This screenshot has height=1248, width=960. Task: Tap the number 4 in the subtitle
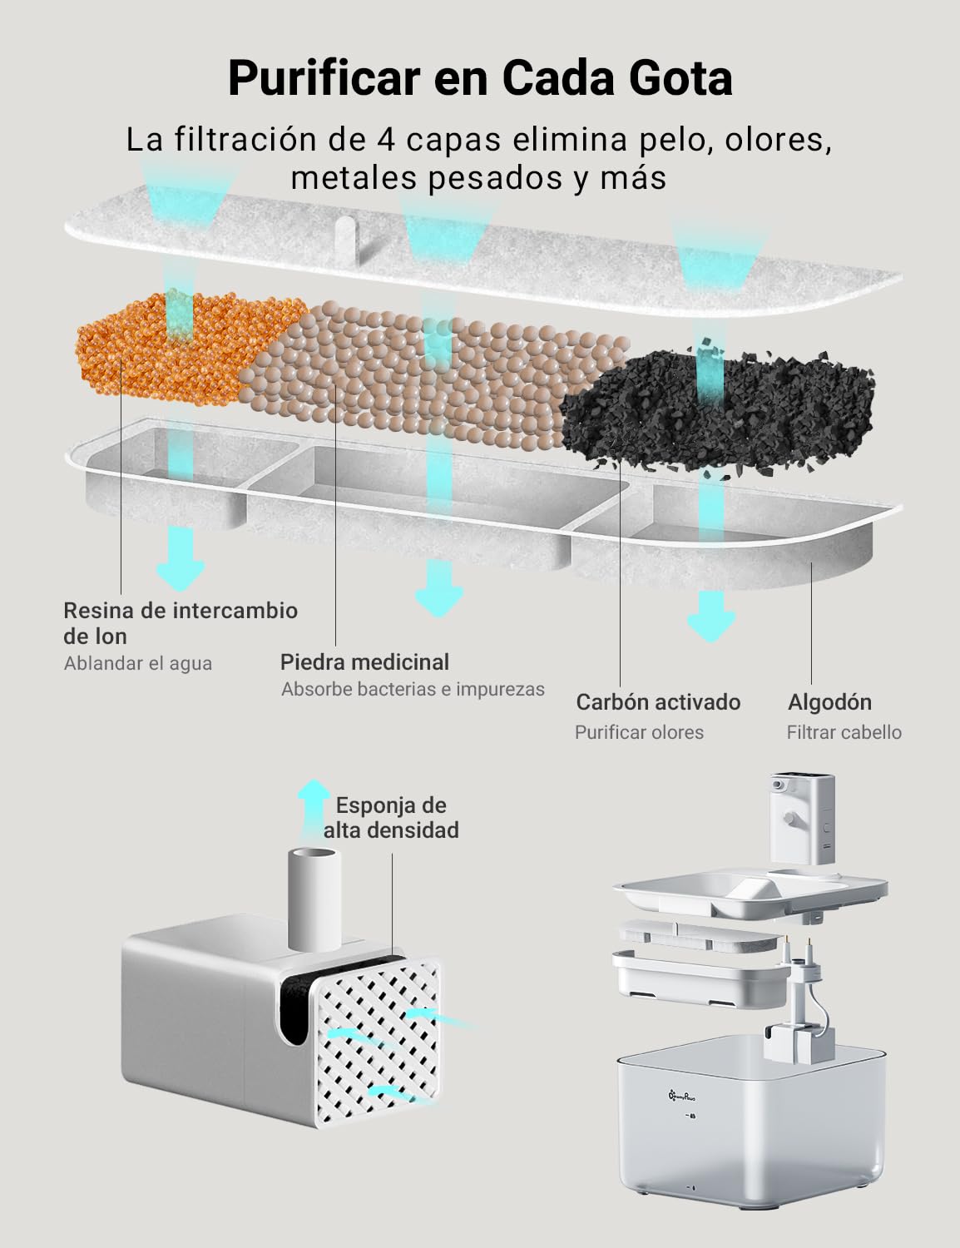(386, 140)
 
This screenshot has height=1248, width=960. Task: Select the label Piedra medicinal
(364, 662)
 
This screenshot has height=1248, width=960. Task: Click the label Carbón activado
(658, 702)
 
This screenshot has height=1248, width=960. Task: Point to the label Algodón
(829, 702)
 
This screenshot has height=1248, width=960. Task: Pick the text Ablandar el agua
(138, 663)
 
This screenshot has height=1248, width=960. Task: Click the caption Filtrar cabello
(844, 732)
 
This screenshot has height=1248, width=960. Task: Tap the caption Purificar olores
(639, 732)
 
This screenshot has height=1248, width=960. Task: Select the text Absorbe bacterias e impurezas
(413, 689)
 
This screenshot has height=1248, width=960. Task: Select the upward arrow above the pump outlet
(314, 810)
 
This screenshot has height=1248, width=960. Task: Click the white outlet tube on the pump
(314, 900)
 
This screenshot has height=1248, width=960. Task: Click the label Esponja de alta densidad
(391, 818)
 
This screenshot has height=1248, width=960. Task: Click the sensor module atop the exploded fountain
(801, 818)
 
